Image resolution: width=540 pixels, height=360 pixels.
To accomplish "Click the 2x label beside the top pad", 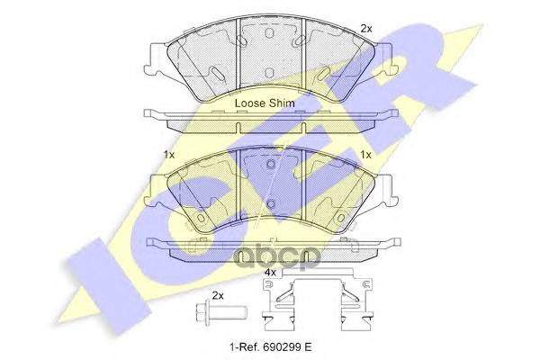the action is click(x=366, y=29).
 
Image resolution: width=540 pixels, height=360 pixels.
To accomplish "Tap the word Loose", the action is click(x=249, y=103).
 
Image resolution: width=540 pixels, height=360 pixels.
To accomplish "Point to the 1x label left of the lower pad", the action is click(x=169, y=155).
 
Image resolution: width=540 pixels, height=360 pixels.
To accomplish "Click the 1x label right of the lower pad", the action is click(x=365, y=155).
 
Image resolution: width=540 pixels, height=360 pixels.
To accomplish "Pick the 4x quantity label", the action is click(x=270, y=273).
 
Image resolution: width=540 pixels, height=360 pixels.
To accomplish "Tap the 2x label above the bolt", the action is click(x=218, y=295).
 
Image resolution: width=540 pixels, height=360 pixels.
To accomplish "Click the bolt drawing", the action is click(x=220, y=313).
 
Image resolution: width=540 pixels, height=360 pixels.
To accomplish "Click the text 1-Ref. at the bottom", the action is click(x=243, y=346).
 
